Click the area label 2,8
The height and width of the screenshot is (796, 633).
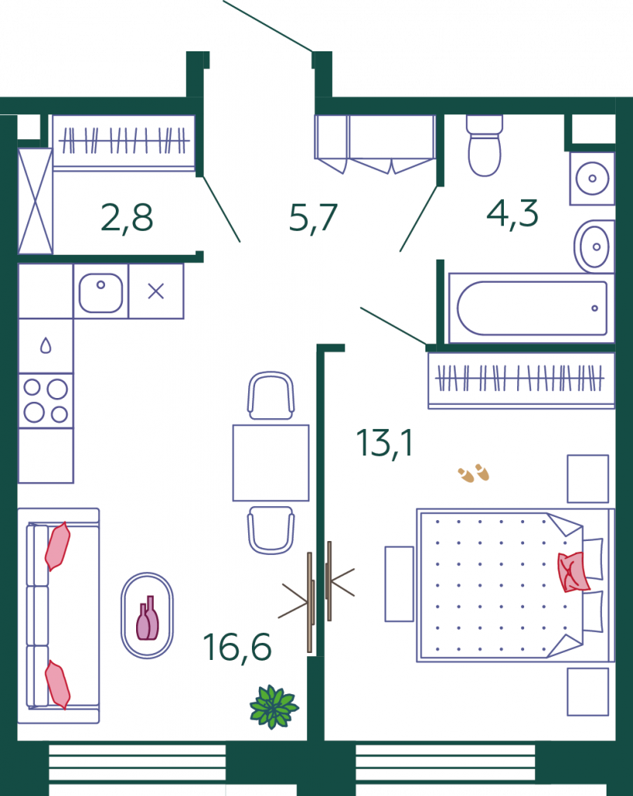click(x=127, y=218)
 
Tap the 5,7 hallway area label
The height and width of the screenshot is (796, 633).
click(x=313, y=218)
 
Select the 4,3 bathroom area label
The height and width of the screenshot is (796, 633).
click(x=512, y=213)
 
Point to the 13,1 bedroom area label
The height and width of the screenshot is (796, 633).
click(x=385, y=443)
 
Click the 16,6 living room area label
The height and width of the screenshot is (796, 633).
click(x=237, y=648)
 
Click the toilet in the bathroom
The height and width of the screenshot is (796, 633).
click(x=484, y=145)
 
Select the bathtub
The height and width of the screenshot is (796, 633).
click(x=531, y=308)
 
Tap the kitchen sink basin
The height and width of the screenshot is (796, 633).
click(x=100, y=293)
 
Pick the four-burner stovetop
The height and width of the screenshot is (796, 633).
click(x=46, y=401)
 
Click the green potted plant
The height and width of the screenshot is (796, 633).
click(x=275, y=707)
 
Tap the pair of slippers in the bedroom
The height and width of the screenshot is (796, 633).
click(x=474, y=473)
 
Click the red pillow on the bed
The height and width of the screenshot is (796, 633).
click(x=573, y=572)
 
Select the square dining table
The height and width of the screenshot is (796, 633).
click(x=271, y=463)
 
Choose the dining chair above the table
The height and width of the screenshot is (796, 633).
click(x=271, y=396)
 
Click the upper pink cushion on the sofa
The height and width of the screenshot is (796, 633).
click(x=58, y=546)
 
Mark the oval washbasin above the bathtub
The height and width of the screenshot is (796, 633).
click(x=594, y=246)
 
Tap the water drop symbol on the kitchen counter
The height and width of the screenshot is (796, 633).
click(x=46, y=346)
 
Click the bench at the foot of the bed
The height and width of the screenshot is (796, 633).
click(x=399, y=584)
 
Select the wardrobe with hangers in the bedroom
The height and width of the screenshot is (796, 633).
click(x=521, y=380)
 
